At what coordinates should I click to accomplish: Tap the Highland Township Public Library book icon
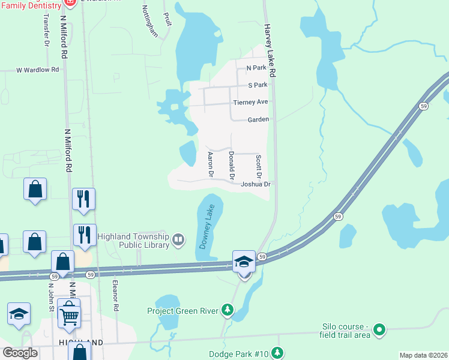[x=178, y=241]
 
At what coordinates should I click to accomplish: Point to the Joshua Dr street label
[x=256, y=185]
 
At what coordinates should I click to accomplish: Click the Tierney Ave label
[x=250, y=103]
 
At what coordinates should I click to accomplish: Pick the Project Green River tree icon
[x=228, y=310]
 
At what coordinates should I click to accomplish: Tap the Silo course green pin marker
[x=379, y=329]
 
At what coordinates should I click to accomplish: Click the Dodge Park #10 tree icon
[x=277, y=352]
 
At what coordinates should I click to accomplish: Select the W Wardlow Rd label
[x=37, y=70]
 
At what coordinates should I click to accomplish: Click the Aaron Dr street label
[x=211, y=164]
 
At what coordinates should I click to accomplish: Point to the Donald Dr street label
[x=232, y=164]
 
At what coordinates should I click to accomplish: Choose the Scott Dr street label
[x=259, y=166]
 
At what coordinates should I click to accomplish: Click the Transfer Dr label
[x=46, y=30]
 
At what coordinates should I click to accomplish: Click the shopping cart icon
[x=70, y=316]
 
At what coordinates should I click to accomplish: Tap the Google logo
[x=20, y=353]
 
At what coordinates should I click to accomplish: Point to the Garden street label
[x=258, y=119]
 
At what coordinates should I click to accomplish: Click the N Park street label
[x=256, y=68]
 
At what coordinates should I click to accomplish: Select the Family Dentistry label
[x=31, y=5]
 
